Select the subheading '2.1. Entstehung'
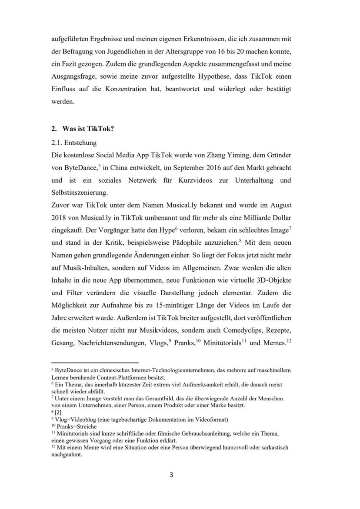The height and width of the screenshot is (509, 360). pyautogui.click(x=74, y=143)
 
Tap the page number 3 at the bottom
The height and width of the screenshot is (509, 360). pyautogui.click(x=171, y=475)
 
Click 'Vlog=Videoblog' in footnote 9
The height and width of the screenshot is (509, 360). pyautogui.click(x=75, y=419)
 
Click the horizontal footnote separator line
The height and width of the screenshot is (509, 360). pyautogui.click(x=95, y=363)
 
